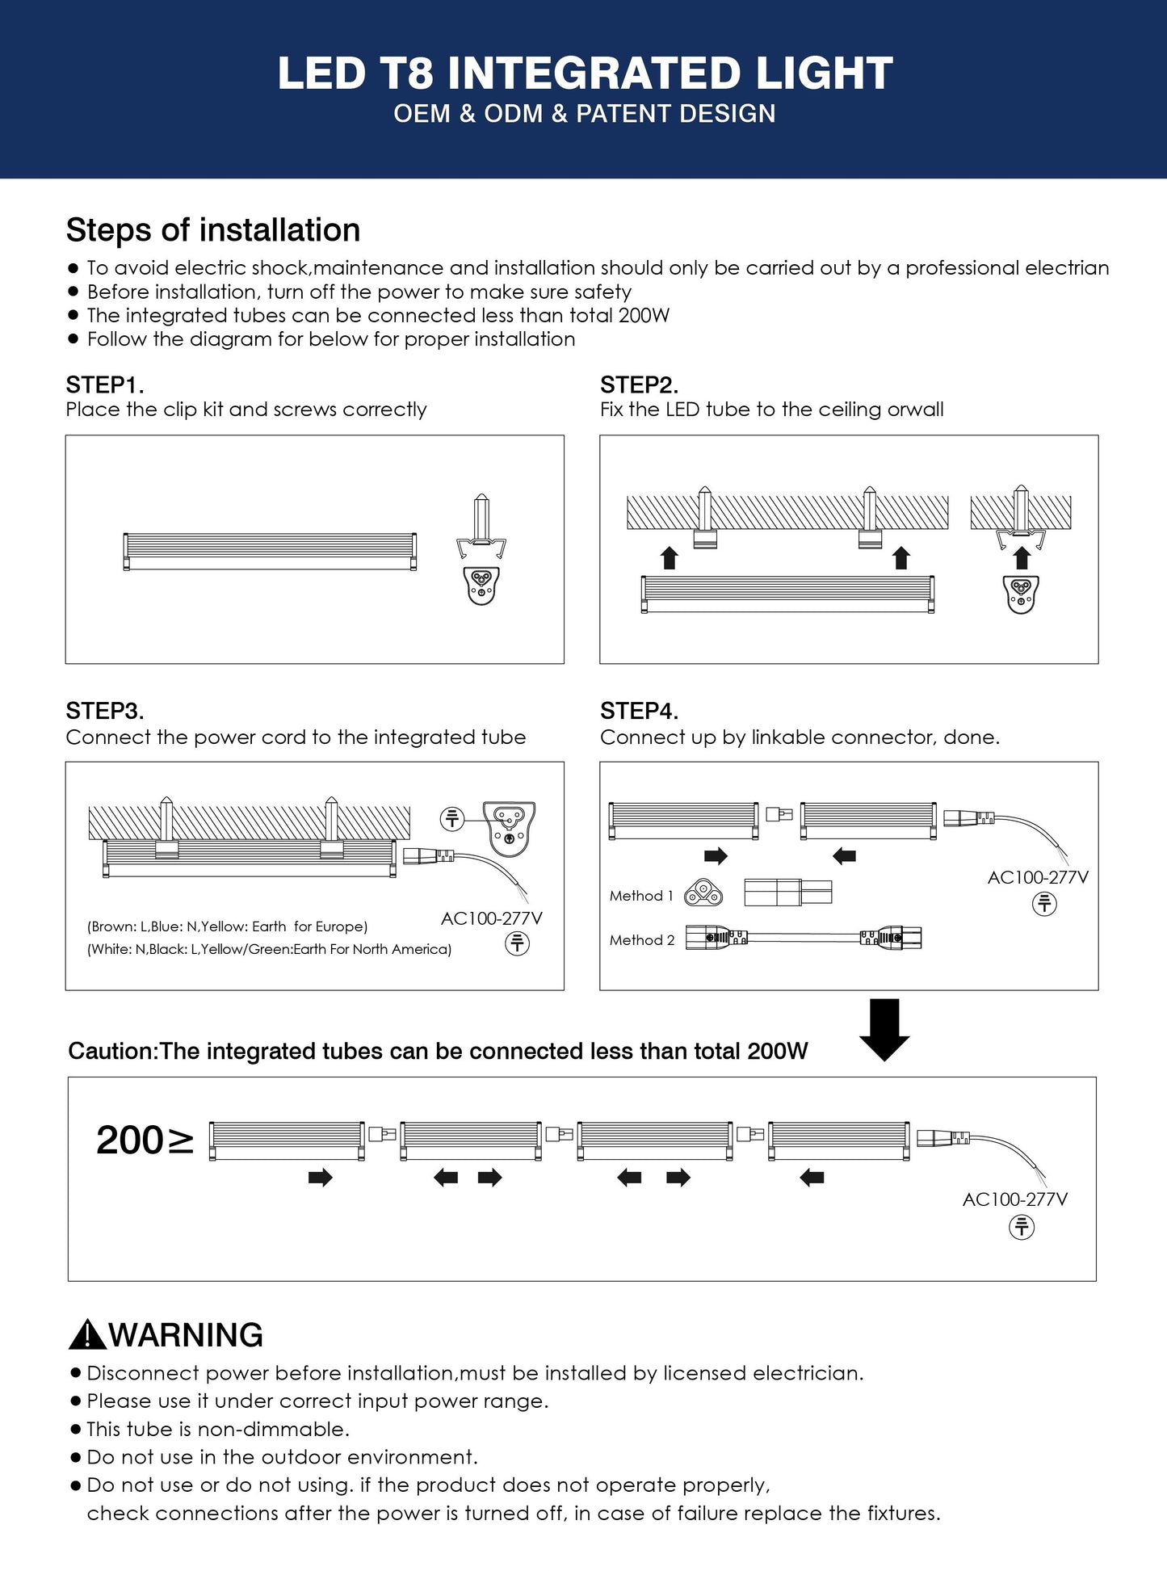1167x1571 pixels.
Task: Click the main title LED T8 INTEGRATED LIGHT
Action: [x=585, y=73]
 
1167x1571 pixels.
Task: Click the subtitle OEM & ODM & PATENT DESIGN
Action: [x=585, y=114]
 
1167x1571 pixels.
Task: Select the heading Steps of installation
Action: [x=213, y=230]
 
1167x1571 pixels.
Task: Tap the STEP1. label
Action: [x=105, y=384]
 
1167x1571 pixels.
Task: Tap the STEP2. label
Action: [x=639, y=384]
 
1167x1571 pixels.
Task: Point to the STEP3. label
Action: [x=105, y=711]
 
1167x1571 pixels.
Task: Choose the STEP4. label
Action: [x=639, y=711]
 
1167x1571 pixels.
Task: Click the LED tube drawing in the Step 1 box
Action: [x=270, y=552]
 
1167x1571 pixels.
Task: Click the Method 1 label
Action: [x=641, y=896]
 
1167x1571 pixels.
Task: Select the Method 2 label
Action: [x=642, y=940]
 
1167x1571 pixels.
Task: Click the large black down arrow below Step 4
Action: [x=884, y=1030]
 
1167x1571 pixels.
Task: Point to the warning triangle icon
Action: [x=87, y=1334]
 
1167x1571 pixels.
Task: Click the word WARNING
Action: [x=186, y=1335]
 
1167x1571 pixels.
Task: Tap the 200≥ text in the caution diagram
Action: [x=145, y=1140]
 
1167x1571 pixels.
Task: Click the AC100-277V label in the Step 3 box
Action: [x=492, y=918]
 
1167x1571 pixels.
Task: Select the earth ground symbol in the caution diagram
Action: [x=1022, y=1228]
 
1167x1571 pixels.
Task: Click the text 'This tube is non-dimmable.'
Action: [x=218, y=1429]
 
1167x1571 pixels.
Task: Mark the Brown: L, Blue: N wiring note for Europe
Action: [x=227, y=926]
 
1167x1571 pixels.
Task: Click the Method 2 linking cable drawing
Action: [x=804, y=938]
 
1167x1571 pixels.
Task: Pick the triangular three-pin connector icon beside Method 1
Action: [x=703, y=893]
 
